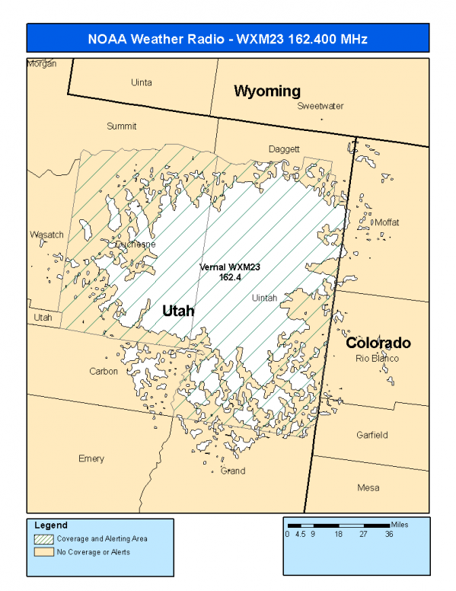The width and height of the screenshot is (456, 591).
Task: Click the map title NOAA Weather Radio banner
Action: tap(228, 39)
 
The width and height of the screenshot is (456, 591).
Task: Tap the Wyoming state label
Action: tap(266, 91)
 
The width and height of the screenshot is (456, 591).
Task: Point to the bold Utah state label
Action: tap(178, 311)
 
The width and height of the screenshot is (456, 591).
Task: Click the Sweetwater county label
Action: tap(320, 106)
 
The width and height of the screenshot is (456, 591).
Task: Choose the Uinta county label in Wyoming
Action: tap(141, 82)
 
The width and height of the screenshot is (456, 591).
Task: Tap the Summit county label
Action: tap(121, 126)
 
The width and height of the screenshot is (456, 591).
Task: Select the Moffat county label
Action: tap(387, 222)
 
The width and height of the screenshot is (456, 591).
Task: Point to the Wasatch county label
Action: tap(46, 235)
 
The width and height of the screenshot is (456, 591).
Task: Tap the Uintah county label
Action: tap(264, 298)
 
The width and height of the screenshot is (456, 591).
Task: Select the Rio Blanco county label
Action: tap(377, 358)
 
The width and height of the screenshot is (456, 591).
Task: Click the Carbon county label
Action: tap(104, 372)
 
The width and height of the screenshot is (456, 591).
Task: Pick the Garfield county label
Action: tap(371, 435)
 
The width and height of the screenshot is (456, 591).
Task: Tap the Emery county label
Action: tap(91, 458)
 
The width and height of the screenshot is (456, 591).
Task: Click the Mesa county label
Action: tap(368, 487)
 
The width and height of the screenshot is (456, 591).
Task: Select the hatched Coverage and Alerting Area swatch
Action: tap(44, 538)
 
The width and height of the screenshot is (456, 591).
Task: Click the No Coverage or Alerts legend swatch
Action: tap(44, 551)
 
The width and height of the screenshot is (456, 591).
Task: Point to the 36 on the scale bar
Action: tap(389, 535)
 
